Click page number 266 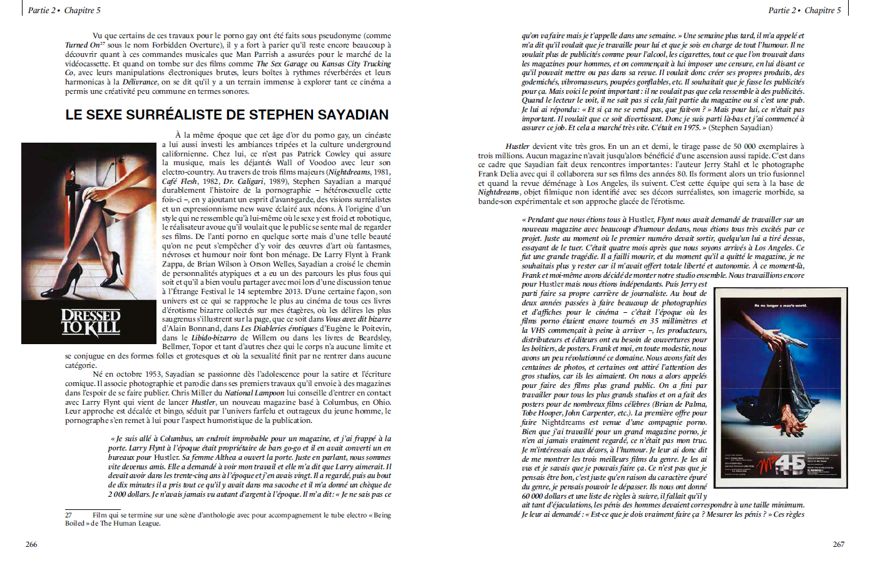click(31, 544)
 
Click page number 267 click(838, 544)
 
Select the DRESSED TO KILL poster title click(90, 322)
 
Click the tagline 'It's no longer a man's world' click(780, 305)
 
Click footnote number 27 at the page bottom click(68, 516)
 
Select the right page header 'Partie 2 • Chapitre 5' click(804, 10)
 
